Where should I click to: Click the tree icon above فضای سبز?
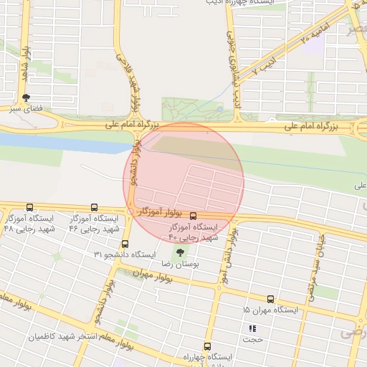click(x=27, y=97)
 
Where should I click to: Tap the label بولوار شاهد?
click(x=26, y=60)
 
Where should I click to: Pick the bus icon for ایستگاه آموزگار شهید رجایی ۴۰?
click(x=194, y=215)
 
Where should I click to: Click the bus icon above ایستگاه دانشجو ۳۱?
click(x=125, y=244)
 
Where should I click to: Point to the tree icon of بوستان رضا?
click(x=179, y=252)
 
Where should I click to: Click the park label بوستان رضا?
click(x=181, y=264)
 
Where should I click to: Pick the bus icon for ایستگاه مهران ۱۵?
click(x=270, y=299)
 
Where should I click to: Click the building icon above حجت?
click(x=252, y=328)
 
